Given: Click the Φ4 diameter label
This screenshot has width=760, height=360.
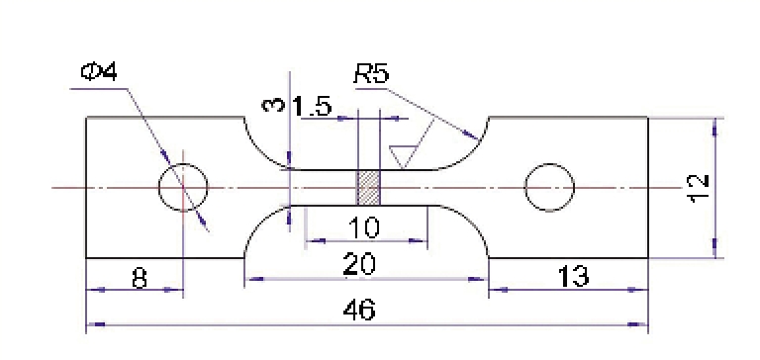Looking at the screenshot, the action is pyautogui.click(x=99, y=72).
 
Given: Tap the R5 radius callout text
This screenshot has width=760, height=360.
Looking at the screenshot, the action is pyautogui.click(x=371, y=75).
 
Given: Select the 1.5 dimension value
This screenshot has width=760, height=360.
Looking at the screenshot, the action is pyautogui.click(x=313, y=107).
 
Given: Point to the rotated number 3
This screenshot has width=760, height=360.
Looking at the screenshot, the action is pyautogui.click(x=272, y=105).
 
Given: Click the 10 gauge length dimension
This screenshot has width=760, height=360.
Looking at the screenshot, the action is pyautogui.click(x=364, y=227).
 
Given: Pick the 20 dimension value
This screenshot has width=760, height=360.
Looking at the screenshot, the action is pyautogui.click(x=359, y=264).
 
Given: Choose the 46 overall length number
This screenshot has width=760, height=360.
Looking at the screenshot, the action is pyautogui.click(x=359, y=310).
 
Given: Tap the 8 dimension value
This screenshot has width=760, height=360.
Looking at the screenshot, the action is pyautogui.click(x=140, y=279).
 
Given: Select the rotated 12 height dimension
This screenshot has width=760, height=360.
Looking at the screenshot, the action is pyautogui.click(x=699, y=189).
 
